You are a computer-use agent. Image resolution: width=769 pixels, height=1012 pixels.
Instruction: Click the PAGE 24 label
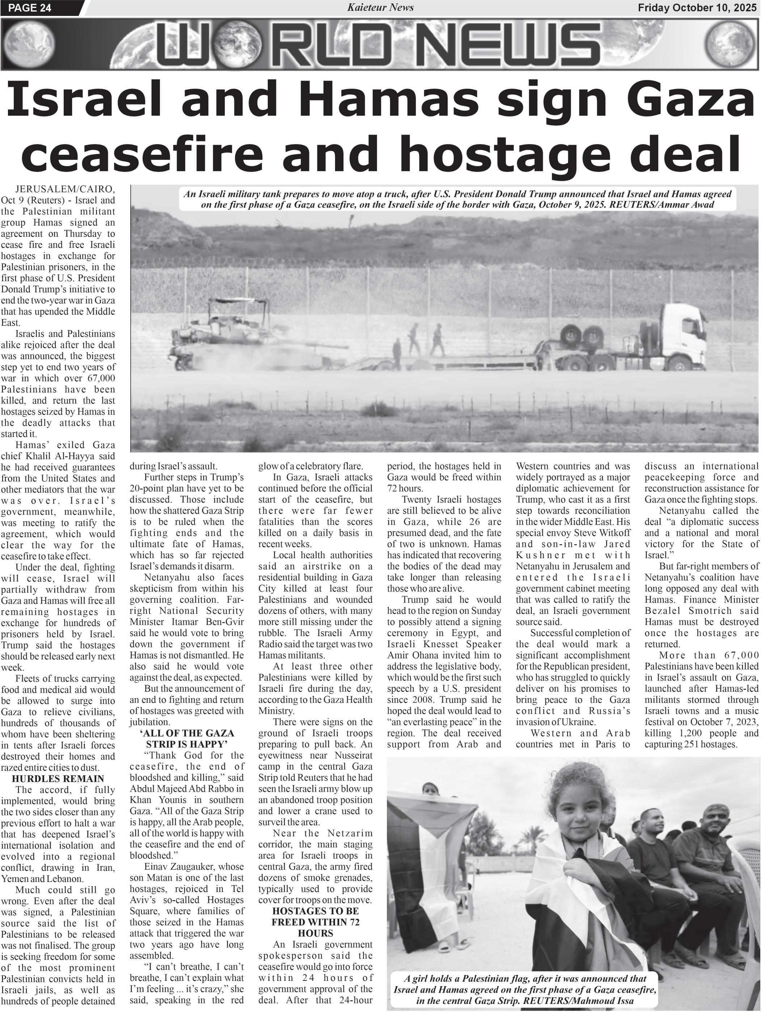pyautogui.click(x=30, y=8)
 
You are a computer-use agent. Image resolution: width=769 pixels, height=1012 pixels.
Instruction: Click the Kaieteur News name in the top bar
pyautogui.click(x=380, y=7)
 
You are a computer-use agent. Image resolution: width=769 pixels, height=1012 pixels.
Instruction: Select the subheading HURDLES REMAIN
pyautogui.click(x=58, y=778)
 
